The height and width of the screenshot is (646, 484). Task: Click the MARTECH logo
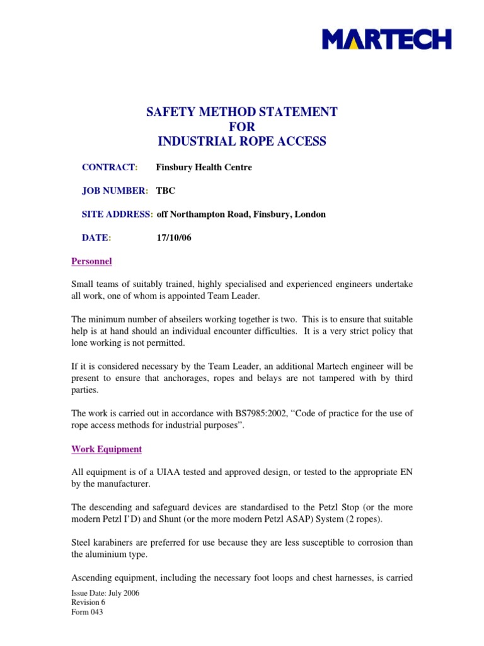point(386,39)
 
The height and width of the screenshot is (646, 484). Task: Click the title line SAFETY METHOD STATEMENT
point(242,112)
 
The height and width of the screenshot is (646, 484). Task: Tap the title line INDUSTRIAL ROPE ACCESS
point(242,141)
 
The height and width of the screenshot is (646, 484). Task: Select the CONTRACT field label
point(109,167)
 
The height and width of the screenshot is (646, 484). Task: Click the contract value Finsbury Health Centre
point(204,167)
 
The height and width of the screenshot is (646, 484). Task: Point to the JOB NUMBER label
point(114,191)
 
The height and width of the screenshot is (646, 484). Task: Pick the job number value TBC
point(166,191)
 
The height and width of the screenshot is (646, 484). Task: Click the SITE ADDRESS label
point(117,214)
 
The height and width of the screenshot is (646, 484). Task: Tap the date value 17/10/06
point(173,237)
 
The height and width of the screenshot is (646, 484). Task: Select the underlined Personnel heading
point(91,261)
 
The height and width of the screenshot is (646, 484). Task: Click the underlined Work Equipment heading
point(107,449)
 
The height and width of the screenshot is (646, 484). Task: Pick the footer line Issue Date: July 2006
point(105,593)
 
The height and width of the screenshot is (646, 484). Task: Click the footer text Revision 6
point(88,602)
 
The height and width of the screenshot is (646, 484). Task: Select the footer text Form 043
point(87,612)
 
